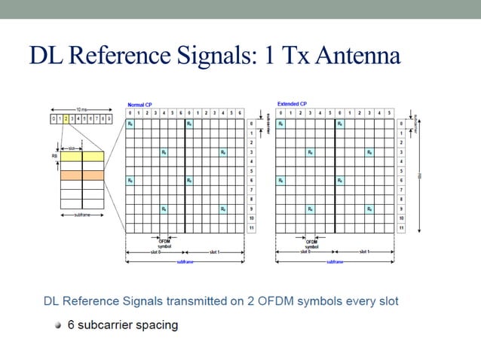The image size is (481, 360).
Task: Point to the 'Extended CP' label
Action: coord(293,103)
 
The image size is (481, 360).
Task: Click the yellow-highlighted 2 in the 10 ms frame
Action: coord(66,119)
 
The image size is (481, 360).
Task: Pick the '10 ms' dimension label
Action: coord(81,111)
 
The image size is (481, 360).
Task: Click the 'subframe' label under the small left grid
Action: coord(81,217)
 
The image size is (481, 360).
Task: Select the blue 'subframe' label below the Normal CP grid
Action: coord(184,261)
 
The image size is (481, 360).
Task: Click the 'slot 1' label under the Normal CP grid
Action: coord(213,252)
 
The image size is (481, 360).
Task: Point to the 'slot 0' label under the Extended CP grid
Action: coord(305,252)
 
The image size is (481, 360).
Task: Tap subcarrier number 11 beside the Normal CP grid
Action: coord(251,227)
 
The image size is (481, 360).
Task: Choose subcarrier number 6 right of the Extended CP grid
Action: coord(401,180)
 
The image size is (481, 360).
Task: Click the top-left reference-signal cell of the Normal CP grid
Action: coord(130,123)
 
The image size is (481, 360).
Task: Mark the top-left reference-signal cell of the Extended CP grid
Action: coord(280,123)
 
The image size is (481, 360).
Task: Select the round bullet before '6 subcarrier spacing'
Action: coord(57,325)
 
